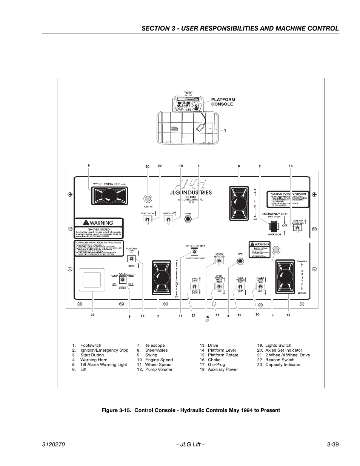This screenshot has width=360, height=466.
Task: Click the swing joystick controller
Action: coord(110,195)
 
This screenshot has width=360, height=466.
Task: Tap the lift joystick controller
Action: coord(238,203)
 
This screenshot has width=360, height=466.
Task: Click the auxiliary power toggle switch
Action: coord(297,229)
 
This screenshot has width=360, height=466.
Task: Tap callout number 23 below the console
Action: coord(92,315)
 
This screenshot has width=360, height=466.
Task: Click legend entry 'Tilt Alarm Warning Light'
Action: coord(103,364)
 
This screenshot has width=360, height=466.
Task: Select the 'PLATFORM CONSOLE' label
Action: coord(223,102)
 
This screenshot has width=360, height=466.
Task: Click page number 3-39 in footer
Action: coord(332,444)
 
